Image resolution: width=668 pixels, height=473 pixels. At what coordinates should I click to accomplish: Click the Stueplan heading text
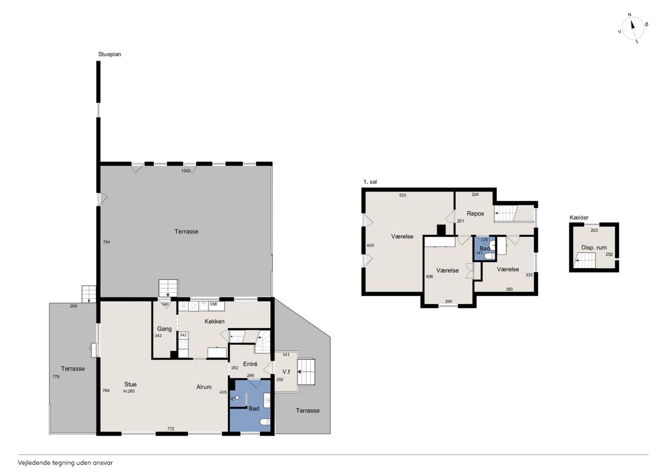[x=110, y=54]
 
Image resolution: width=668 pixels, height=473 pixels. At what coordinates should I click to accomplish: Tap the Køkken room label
[x=214, y=321]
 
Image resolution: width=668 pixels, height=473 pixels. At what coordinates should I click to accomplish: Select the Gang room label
[x=164, y=329]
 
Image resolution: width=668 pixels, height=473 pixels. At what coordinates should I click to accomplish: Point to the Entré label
[x=250, y=364]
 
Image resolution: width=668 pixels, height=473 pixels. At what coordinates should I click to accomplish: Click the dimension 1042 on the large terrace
[x=186, y=171]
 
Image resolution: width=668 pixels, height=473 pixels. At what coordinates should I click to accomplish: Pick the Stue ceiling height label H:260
[x=129, y=391]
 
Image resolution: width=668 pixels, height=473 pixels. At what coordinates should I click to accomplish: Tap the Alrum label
[x=204, y=387]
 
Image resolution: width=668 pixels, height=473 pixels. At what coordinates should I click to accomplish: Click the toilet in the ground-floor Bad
[x=265, y=422]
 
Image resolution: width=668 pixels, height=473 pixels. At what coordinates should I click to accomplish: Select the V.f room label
[x=287, y=372]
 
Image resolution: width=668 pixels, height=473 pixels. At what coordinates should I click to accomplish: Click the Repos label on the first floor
[x=475, y=214]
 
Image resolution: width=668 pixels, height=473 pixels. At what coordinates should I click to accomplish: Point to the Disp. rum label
[x=594, y=248]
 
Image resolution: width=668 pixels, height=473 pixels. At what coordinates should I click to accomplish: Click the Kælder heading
[x=579, y=218]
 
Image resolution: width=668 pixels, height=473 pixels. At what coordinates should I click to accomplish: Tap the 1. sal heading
[x=370, y=182]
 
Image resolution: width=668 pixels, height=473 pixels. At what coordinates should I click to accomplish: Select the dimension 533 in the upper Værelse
[x=402, y=195]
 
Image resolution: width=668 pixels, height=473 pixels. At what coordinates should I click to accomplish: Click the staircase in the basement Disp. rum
[x=586, y=260]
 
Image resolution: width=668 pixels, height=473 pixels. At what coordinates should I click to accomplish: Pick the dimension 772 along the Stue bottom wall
[x=171, y=429]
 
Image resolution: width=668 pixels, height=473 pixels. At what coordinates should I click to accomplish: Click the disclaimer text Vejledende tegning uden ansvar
[x=65, y=463]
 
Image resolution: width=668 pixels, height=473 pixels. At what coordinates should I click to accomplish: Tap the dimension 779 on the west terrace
[x=56, y=377]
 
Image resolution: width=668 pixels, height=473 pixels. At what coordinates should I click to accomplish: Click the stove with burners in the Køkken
[x=183, y=344]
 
